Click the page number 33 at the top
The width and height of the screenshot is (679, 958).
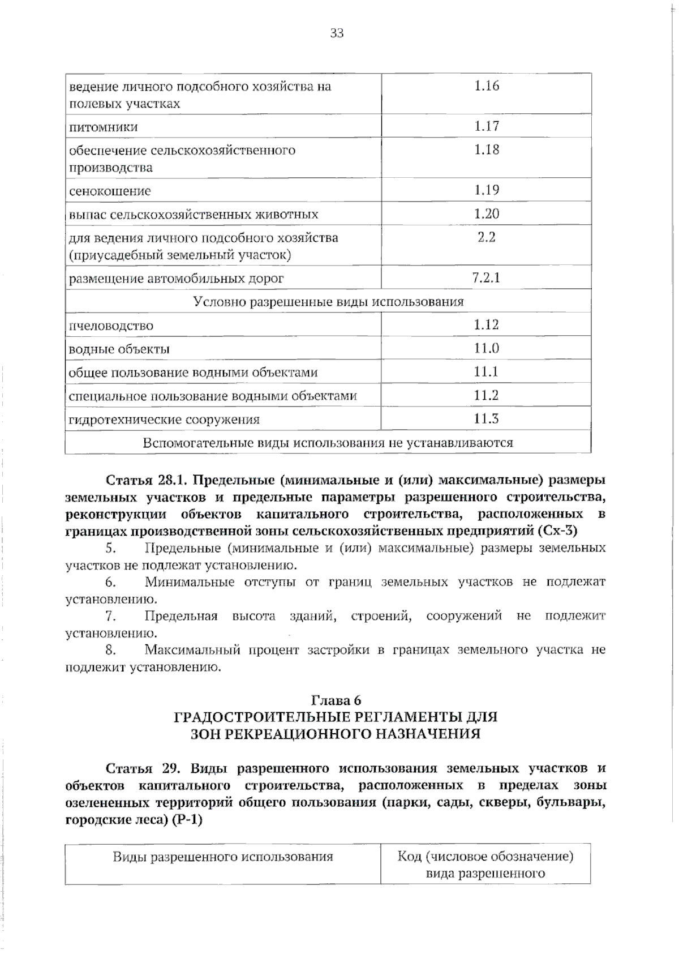coord(337,33)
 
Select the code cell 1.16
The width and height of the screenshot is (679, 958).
coord(486,86)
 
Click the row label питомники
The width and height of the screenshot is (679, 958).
coord(103,127)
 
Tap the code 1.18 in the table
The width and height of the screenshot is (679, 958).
coord(486,150)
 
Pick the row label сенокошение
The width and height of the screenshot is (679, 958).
coord(110,191)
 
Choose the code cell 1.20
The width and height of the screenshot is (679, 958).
coord(486,214)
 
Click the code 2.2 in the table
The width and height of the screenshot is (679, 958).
coord(486,237)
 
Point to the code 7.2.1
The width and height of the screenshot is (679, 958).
coord(486,278)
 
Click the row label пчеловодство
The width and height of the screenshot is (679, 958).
coord(111,326)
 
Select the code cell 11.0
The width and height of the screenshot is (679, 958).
coord(486,348)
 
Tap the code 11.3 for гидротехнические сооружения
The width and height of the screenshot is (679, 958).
coord(486,419)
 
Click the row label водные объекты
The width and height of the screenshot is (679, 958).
coord(119,349)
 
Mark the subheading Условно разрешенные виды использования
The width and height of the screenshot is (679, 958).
coord(328,302)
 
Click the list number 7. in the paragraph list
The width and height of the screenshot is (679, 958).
coord(111,616)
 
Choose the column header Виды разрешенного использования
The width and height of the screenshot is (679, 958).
coord(223,857)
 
